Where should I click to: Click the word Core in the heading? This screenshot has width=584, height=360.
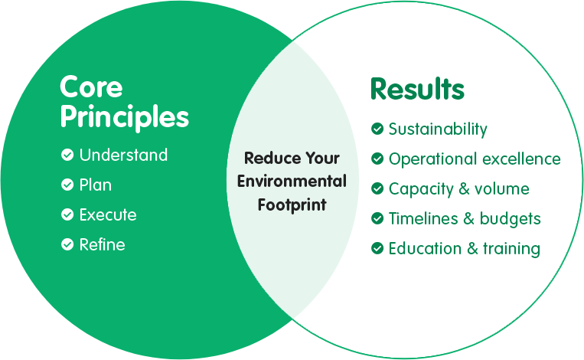coord(91,87)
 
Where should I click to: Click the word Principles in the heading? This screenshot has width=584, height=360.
coord(125,117)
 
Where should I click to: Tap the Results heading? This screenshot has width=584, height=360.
coord(417,89)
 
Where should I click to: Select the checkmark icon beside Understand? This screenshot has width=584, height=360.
coord(67,155)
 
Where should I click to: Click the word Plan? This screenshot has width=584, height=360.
coord(96,185)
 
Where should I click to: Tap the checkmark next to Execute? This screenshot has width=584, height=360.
coord(67,214)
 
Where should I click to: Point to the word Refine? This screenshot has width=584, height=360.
coord(102,244)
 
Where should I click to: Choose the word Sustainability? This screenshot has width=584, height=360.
coord(438,129)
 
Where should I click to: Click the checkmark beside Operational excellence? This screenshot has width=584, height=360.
coord(377,159)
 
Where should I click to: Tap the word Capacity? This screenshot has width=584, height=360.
coord(421,189)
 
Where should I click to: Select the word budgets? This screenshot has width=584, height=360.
coord(511,219)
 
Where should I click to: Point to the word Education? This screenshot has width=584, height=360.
coord(425,248)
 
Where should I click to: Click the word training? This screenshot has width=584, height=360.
coord(512,249)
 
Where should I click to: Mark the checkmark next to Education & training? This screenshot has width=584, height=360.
coord(377,248)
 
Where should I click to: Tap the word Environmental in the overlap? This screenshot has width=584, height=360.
coord(292,182)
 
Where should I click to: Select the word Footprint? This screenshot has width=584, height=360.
coord(292,205)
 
